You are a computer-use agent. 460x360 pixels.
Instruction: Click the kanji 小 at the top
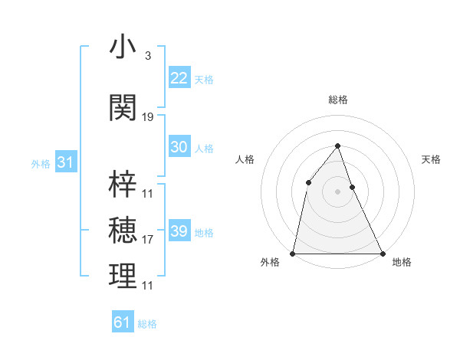[123, 47]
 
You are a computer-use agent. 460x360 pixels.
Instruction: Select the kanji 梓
[123, 184]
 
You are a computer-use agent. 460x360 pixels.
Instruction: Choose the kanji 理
[123, 277]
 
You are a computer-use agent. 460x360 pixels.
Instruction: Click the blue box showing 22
[179, 78]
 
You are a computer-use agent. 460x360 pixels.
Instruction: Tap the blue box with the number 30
[179, 147]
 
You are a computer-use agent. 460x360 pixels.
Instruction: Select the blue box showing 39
[179, 231]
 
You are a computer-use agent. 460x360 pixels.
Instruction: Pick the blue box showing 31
[64, 162]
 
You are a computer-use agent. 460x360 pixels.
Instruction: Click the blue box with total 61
[123, 322]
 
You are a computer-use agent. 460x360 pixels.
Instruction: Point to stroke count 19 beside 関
[148, 117]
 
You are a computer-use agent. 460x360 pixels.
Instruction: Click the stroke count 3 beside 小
[147, 56]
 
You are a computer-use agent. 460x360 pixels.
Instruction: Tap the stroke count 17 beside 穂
[148, 240]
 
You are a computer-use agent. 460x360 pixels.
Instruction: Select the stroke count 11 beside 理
[148, 286]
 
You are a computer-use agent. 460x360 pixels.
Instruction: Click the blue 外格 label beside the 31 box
[40, 163]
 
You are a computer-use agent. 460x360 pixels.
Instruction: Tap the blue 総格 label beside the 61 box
[147, 324]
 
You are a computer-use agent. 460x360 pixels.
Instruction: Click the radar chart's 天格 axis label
[431, 159]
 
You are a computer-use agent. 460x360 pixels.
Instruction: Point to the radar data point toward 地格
[382, 253]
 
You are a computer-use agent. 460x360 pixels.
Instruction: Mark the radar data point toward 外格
[293, 253]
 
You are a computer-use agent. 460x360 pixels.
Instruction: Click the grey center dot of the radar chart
[337, 191]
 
